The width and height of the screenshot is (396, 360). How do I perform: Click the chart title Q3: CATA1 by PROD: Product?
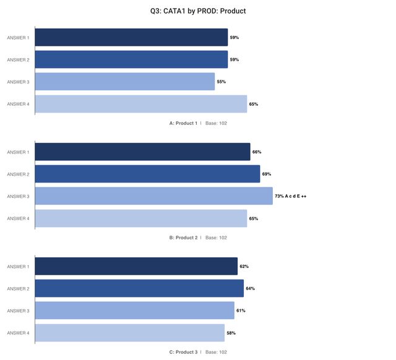(x=198, y=11)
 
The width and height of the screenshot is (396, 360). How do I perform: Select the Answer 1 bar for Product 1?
(x=131, y=38)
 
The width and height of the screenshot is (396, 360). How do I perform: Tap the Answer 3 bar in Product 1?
(x=125, y=82)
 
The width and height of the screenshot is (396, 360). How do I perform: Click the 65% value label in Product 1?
(x=254, y=104)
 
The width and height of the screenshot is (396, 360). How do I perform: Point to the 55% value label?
(x=221, y=82)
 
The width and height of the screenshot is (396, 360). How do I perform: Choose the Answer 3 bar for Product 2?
(x=153, y=196)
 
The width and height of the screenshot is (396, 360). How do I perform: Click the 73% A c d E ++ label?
(x=291, y=196)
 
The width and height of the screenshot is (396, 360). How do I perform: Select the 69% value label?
(x=267, y=174)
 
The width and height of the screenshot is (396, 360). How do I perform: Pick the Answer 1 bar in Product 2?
(x=142, y=152)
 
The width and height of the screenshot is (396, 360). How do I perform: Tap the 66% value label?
(x=257, y=152)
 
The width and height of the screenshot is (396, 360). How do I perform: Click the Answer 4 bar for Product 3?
(x=129, y=333)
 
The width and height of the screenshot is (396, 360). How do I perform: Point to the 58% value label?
(x=231, y=333)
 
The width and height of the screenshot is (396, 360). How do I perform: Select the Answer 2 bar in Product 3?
(x=139, y=289)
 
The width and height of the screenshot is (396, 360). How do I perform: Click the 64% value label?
(x=250, y=289)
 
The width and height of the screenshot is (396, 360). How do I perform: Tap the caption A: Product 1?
(x=183, y=123)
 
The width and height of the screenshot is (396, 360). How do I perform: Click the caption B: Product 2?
(x=183, y=238)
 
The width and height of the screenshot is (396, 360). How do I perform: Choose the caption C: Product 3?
(x=183, y=352)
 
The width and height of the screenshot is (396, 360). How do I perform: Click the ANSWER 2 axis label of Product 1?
(x=18, y=60)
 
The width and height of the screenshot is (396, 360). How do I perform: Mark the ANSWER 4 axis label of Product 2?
(x=18, y=218)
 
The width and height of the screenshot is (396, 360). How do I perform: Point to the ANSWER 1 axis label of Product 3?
(x=18, y=267)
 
